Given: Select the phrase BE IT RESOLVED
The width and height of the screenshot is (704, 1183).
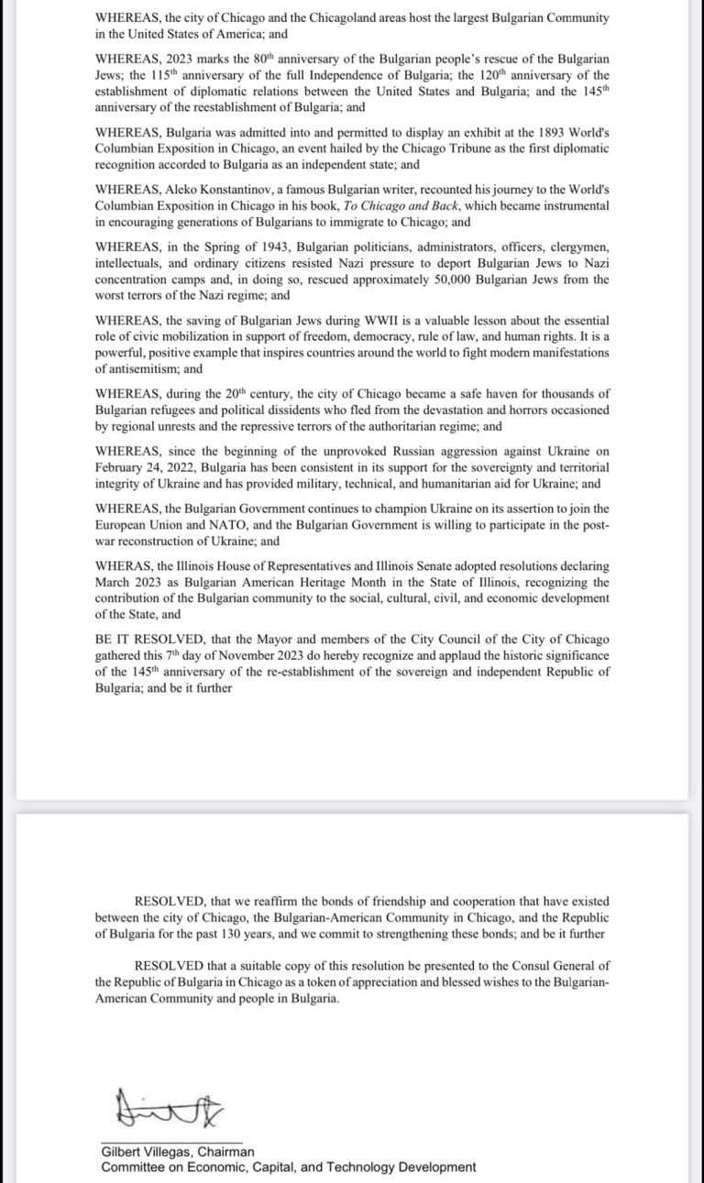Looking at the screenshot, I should tap(141, 640).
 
